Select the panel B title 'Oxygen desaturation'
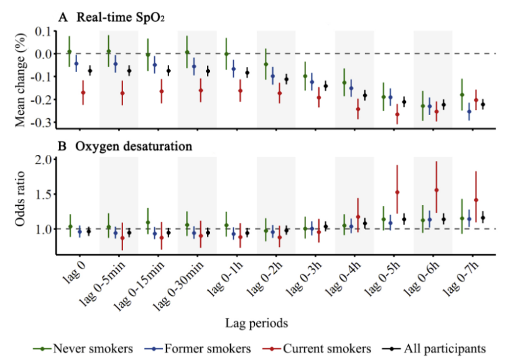point(134,147)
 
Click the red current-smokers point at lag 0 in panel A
point(83,93)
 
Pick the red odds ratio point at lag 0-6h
point(437,190)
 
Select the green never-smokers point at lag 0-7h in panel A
point(461,95)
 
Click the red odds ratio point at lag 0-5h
point(397,192)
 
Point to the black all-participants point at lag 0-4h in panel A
point(365,95)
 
